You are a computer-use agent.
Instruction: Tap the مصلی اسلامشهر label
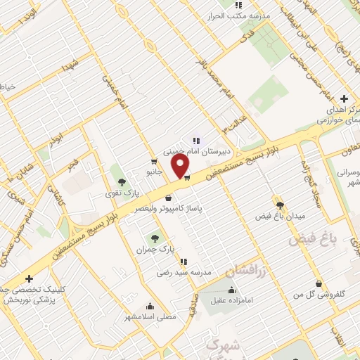tap(149, 318)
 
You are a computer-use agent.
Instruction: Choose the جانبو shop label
tap(154, 172)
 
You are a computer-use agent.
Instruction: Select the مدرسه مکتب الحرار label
tap(229, 15)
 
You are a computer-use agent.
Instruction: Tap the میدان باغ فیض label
tap(281, 214)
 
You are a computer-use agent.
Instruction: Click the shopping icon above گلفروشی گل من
tap(320, 283)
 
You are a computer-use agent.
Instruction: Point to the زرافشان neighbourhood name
tap(248, 270)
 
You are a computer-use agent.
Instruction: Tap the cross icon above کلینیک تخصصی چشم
tap(29, 278)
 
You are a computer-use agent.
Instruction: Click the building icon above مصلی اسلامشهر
tap(149, 307)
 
